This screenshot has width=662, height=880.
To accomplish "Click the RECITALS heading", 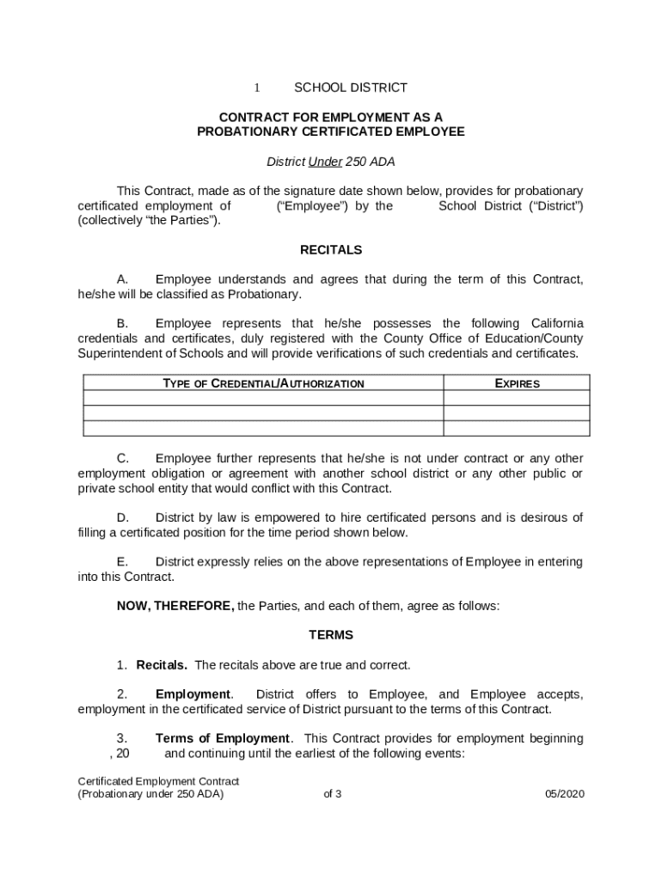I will [331, 250].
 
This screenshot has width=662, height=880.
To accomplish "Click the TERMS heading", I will [331, 635].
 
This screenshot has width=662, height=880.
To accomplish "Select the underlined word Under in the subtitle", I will [325, 162].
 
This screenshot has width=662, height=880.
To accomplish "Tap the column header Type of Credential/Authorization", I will [263, 383].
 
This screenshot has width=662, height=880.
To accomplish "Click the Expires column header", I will [518, 383].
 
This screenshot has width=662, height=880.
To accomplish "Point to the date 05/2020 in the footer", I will [564, 794].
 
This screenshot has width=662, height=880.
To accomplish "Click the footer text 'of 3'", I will [333, 794].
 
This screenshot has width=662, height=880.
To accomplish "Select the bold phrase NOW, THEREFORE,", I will [175, 606].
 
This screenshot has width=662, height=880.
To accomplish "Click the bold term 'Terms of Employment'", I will [223, 738].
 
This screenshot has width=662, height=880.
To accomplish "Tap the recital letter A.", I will [122, 279].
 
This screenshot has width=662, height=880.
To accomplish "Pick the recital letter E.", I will [122, 562].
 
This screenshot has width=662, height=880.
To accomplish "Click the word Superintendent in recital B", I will [117, 353].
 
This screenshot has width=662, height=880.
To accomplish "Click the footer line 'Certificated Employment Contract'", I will [158, 781].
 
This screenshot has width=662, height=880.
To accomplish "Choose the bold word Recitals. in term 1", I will [162, 665].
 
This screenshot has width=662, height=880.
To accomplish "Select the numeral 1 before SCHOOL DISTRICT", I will [255, 88].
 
